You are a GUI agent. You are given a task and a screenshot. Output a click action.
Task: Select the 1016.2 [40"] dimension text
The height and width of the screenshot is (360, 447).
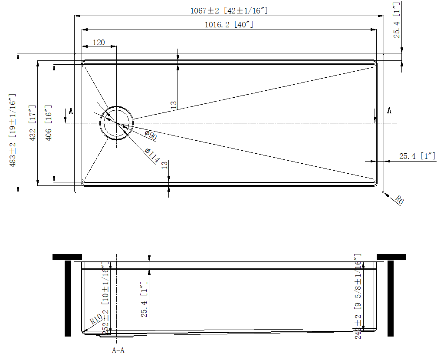click(x=229, y=25)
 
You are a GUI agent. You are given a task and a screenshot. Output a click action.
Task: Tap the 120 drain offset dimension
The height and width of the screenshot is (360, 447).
click(x=99, y=43)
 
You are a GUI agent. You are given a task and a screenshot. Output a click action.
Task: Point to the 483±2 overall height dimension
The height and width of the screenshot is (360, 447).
click(x=13, y=130)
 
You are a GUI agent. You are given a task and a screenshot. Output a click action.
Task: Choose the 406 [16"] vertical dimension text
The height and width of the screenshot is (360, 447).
click(x=49, y=123)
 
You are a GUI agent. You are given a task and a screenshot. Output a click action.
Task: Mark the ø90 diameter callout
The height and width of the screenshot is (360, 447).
click(x=151, y=135)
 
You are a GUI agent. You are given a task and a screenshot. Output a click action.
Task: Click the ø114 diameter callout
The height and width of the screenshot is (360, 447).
click(x=152, y=156)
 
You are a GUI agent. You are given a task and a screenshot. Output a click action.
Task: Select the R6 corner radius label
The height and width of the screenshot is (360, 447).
click(x=400, y=200)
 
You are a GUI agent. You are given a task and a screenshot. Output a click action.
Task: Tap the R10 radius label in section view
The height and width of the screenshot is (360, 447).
click(x=96, y=320)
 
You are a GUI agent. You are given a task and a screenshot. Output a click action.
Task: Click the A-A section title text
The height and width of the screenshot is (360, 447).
click(x=118, y=350)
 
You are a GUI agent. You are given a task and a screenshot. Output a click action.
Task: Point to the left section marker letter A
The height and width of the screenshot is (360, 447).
click(x=71, y=112)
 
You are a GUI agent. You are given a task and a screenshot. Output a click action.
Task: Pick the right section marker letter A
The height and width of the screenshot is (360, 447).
click(x=389, y=111)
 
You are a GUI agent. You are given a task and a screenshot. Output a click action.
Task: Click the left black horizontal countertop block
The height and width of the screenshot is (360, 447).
click(x=67, y=257)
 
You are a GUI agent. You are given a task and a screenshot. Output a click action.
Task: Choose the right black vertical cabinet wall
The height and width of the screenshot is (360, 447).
click(x=390, y=298)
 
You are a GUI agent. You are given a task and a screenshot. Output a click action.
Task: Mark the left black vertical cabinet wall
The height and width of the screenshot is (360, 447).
click(x=68, y=298)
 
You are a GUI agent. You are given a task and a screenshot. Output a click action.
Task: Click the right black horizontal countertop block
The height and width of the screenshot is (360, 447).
click(x=391, y=257)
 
